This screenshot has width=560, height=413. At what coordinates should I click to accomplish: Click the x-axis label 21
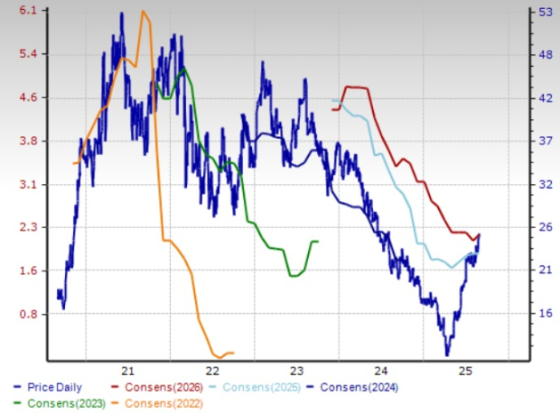[127, 371]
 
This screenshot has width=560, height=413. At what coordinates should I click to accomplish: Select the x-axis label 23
[296, 371]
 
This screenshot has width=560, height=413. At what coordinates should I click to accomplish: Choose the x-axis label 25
[465, 371]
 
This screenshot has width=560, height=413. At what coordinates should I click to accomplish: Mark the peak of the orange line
[143, 11]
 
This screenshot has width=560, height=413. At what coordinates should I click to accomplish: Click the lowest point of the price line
[446, 354]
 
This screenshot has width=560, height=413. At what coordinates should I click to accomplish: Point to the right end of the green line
[318, 242]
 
